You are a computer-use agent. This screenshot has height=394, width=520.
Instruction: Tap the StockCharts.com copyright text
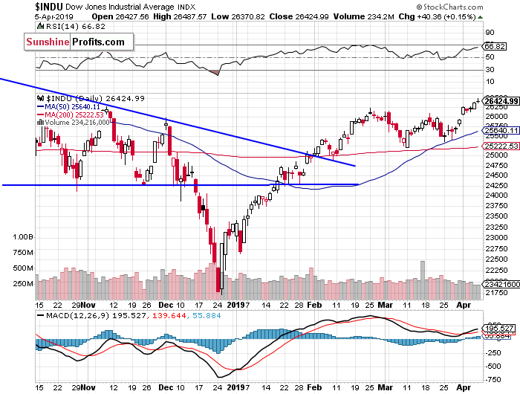[482, 6]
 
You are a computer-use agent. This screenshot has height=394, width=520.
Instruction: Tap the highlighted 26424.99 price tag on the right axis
[498, 100]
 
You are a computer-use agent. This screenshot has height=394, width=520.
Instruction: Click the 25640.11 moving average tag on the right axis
[498, 131]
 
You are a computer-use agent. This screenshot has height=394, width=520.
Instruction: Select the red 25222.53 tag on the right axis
[498, 146]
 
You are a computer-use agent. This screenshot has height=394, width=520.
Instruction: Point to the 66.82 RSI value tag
[494, 46]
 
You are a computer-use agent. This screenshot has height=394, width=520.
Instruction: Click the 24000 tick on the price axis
[493, 195]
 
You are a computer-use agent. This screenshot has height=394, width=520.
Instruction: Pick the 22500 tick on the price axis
[493, 259]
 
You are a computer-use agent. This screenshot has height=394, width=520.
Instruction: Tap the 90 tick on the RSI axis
[489, 33]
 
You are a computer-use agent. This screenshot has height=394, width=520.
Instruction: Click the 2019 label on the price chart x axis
[237, 305]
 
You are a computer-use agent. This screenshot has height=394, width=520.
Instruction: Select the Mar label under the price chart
[386, 305]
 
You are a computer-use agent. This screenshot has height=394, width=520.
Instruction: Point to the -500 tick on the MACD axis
[492, 365]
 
